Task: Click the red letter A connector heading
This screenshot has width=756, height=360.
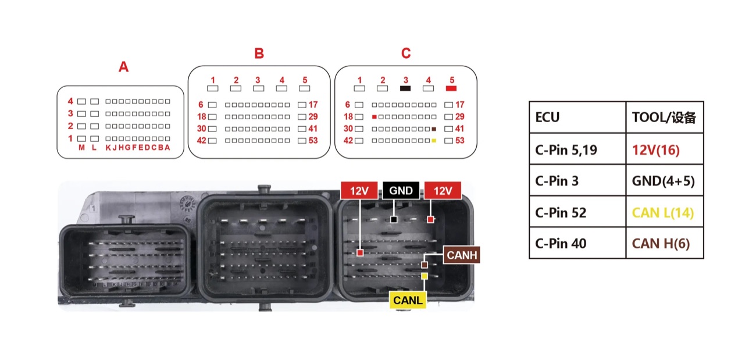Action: [x=123, y=67]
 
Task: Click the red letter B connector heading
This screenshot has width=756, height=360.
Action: [x=259, y=54]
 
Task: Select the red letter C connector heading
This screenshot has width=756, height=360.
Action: [x=406, y=54]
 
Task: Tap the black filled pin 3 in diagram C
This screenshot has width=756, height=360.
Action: [x=405, y=88]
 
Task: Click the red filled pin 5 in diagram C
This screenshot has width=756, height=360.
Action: [x=451, y=88]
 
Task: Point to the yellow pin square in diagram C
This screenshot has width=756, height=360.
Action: [x=434, y=141]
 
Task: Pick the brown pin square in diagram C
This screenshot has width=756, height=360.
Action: [x=434, y=129]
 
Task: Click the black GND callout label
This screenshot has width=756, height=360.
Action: [x=401, y=191]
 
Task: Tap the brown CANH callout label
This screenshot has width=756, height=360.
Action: [x=462, y=255]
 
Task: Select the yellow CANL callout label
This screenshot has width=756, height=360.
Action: [x=408, y=300]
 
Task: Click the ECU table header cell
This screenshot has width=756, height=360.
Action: [x=577, y=117]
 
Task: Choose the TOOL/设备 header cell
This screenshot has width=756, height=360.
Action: [x=665, y=117]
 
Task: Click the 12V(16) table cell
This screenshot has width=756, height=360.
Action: [x=665, y=149]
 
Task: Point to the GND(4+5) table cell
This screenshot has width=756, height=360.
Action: [x=665, y=180]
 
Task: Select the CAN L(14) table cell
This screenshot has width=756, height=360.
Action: [x=665, y=212]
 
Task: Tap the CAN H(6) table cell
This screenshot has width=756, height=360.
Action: [x=665, y=243]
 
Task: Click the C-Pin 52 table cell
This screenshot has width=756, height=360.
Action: [x=577, y=212]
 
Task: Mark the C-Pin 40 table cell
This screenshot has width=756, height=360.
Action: [x=577, y=243]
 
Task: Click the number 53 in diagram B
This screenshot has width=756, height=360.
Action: [x=313, y=140]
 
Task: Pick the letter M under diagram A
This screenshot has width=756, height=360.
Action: [x=81, y=148]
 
